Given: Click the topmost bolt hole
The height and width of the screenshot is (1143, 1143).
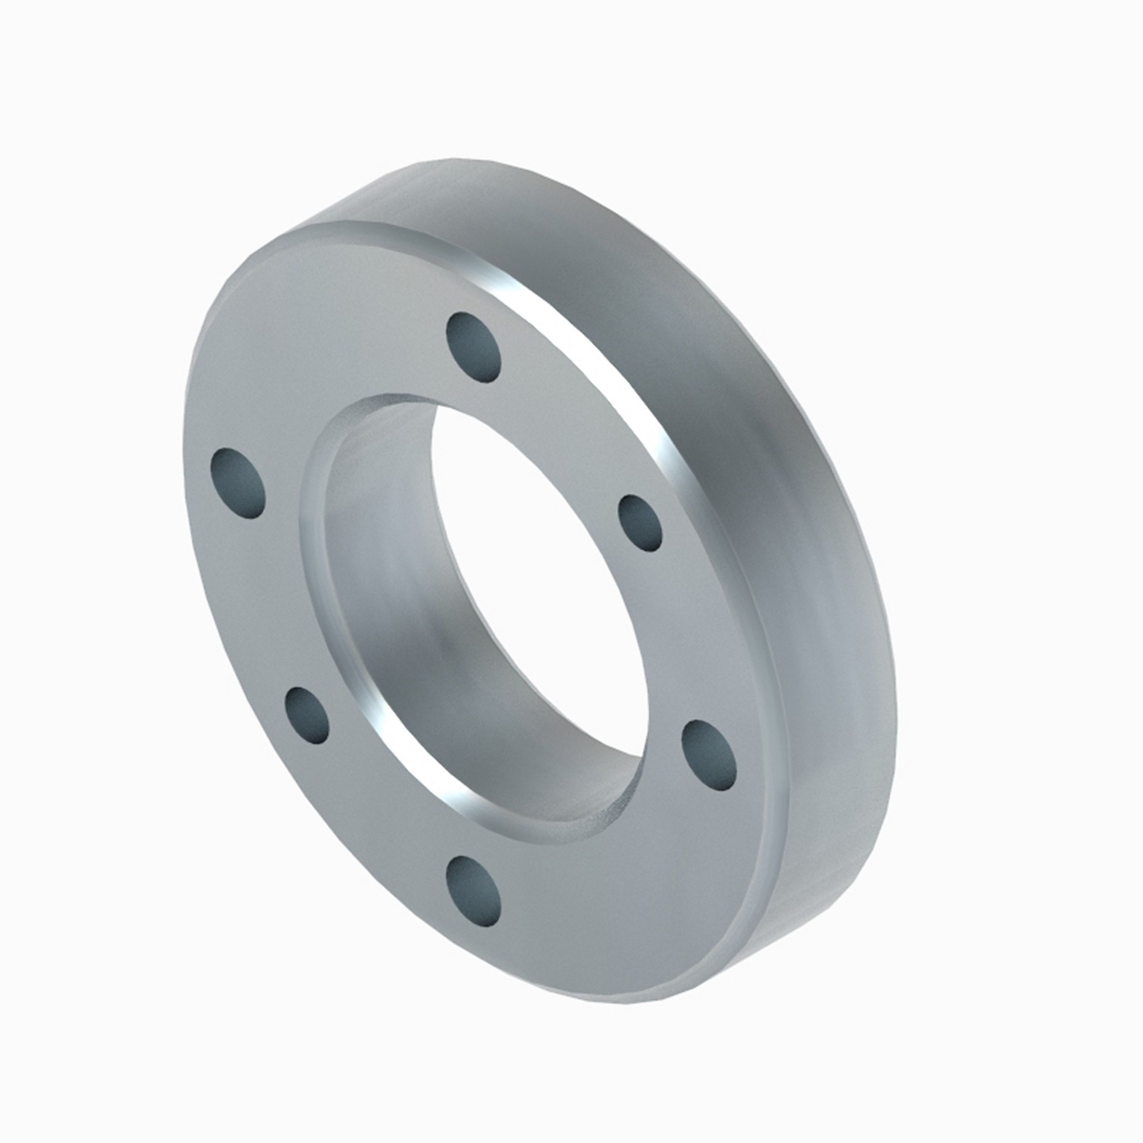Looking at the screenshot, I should coord(475,348).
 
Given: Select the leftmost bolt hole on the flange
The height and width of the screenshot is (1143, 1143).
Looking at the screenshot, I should coord(237,483).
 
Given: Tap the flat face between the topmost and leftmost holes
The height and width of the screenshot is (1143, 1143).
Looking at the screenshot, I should coord(331,367).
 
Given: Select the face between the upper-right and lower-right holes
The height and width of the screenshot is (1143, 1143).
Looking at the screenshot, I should coord(698,639).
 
